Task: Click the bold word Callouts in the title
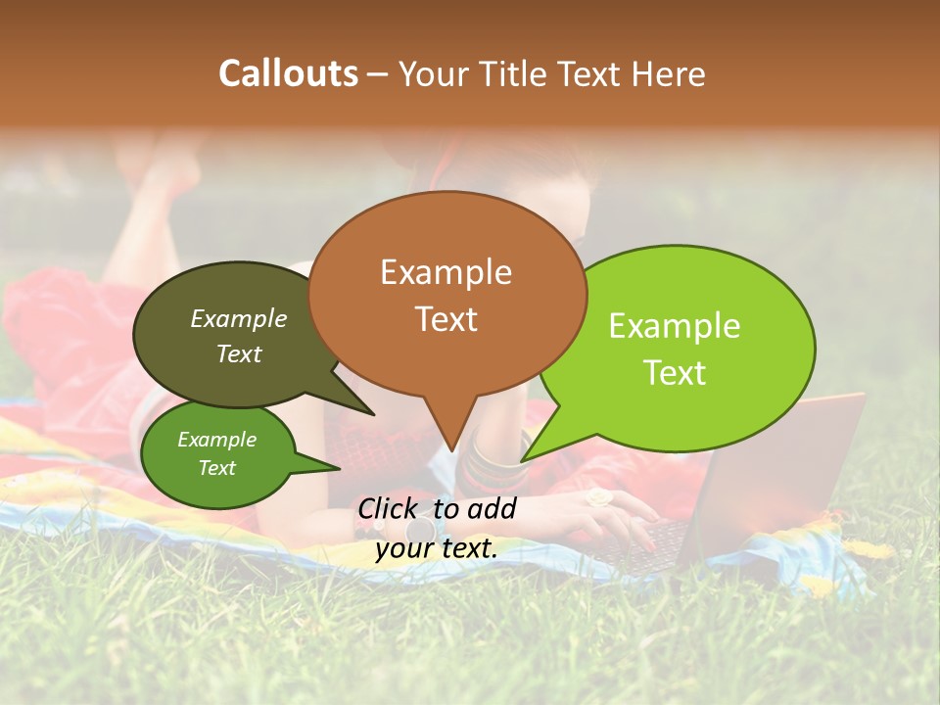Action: tap(288, 73)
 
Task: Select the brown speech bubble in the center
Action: tap(446, 294)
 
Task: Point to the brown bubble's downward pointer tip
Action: tap(450, 448)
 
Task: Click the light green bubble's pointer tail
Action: tap(534, 453)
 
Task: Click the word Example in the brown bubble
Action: tap(446, 272)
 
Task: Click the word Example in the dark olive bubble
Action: tap(238, 318)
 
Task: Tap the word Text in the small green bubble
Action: tap(216, 468)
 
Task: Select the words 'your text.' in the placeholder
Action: tap(436, 548)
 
